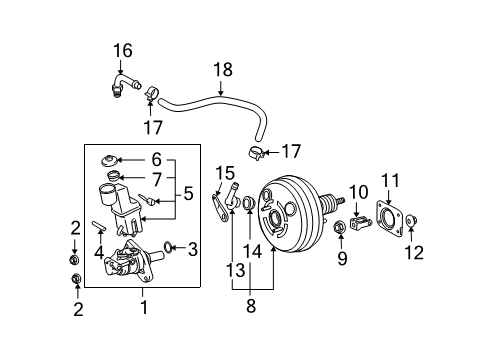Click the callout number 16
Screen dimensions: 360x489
pyautogui.click(x=122, y=51)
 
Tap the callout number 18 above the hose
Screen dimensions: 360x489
pyautogui.click(x=221, y=69)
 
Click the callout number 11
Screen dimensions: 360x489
pyautogui.click(x=389, y=181)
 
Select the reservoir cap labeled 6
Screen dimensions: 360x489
pyautogui.click(x=108, y=160)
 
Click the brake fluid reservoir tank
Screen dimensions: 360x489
pyautogui.click(x=119, y=199)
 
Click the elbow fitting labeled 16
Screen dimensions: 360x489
pyautogui.click(x=118, y=86)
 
